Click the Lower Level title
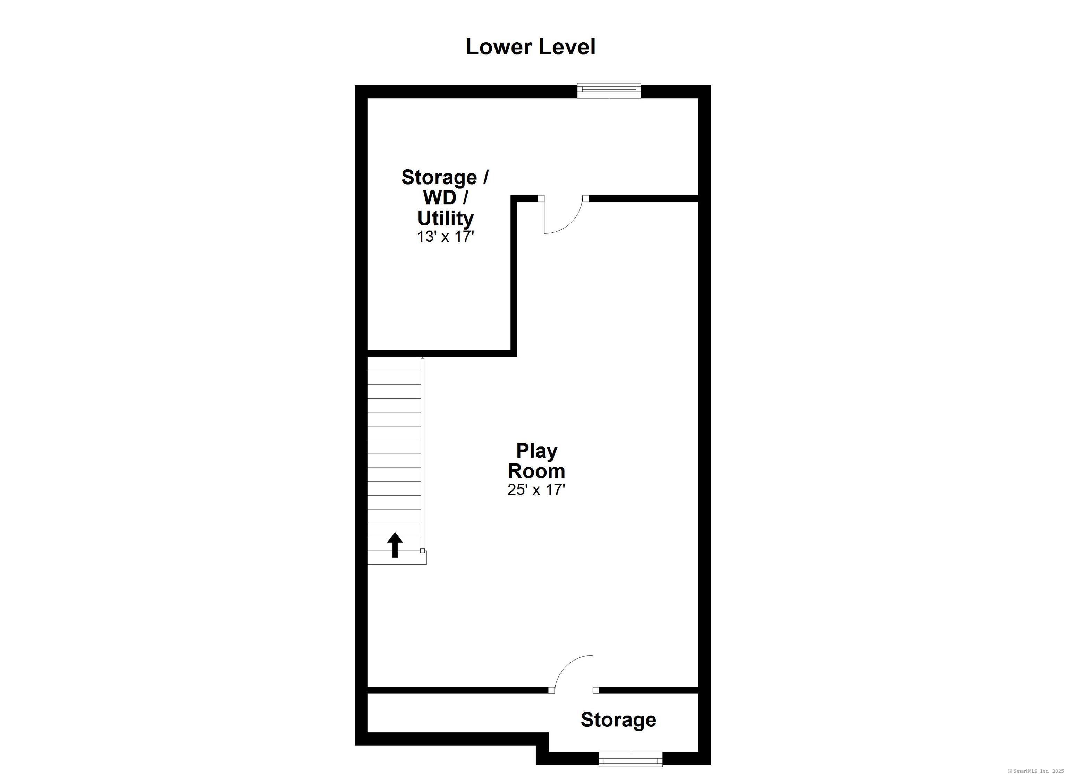530,47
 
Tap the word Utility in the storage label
445,219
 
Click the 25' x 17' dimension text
536,490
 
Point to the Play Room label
536,461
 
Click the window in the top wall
609,90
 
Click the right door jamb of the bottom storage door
596,690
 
